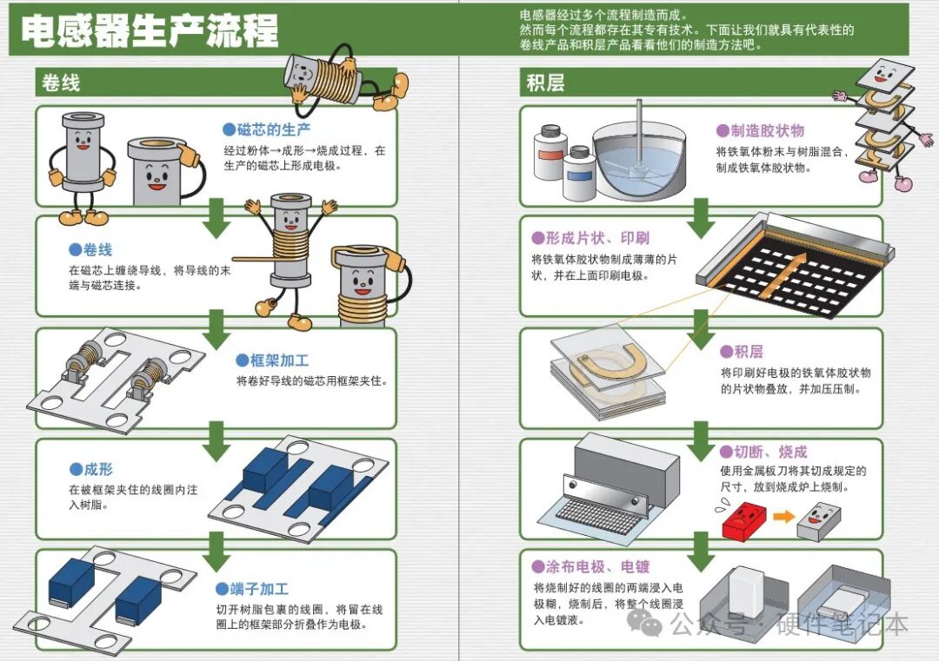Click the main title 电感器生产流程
pyautogui.click(x=149, y=32)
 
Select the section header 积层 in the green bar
pyautogui.click(x=545, y=83)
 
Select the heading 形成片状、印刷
pyautogui.click(x=590, y=238)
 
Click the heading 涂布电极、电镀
pyautogui.click(x=590, y=567)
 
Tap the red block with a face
pyautogui.click(x=742, y=522)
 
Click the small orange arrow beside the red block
pyautogui.click(x=783, y=517)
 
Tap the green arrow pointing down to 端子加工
pyautogui.click(x=216, y=550)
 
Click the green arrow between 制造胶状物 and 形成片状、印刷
pyautogui.click(x=700, y=218)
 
